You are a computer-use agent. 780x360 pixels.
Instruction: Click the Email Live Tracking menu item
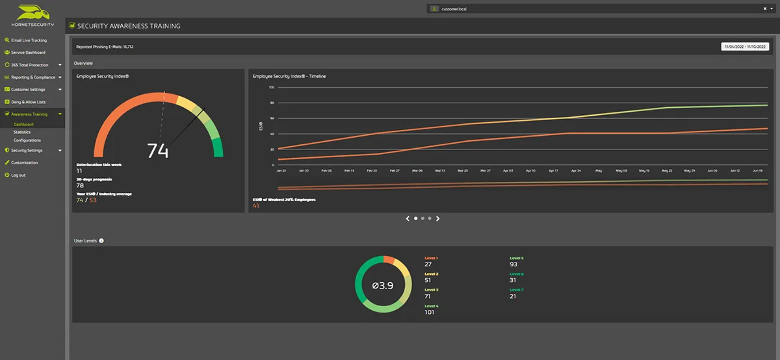coord(29,40)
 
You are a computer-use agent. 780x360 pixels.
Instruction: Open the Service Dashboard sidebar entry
coord(28,53)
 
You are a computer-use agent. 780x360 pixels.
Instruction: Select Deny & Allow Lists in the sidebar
coord(28,102)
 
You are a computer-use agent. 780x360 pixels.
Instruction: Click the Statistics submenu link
coord(22,132)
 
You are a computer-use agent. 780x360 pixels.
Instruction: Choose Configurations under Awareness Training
coord(27,140)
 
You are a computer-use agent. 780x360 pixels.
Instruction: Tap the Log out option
coord(18,175)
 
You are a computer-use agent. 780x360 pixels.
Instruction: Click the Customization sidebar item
coord(24,162)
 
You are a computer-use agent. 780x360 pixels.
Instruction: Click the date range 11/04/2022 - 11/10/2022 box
coord(746,47)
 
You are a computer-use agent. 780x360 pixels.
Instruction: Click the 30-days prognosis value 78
coord(80,185)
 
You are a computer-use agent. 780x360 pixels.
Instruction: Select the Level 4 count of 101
coord(430,312)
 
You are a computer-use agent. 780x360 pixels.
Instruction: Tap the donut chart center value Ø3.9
coord(382,285)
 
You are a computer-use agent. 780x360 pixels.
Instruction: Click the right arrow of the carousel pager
coord(438,218)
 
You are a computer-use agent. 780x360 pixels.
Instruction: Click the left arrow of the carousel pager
coord(408,218)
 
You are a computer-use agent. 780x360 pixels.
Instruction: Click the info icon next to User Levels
coord(101,240)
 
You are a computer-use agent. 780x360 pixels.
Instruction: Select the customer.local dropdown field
coord(598,8)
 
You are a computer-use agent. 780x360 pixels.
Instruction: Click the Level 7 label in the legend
coord(517,290)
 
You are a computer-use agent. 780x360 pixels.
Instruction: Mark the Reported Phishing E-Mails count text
coord(105,47)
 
